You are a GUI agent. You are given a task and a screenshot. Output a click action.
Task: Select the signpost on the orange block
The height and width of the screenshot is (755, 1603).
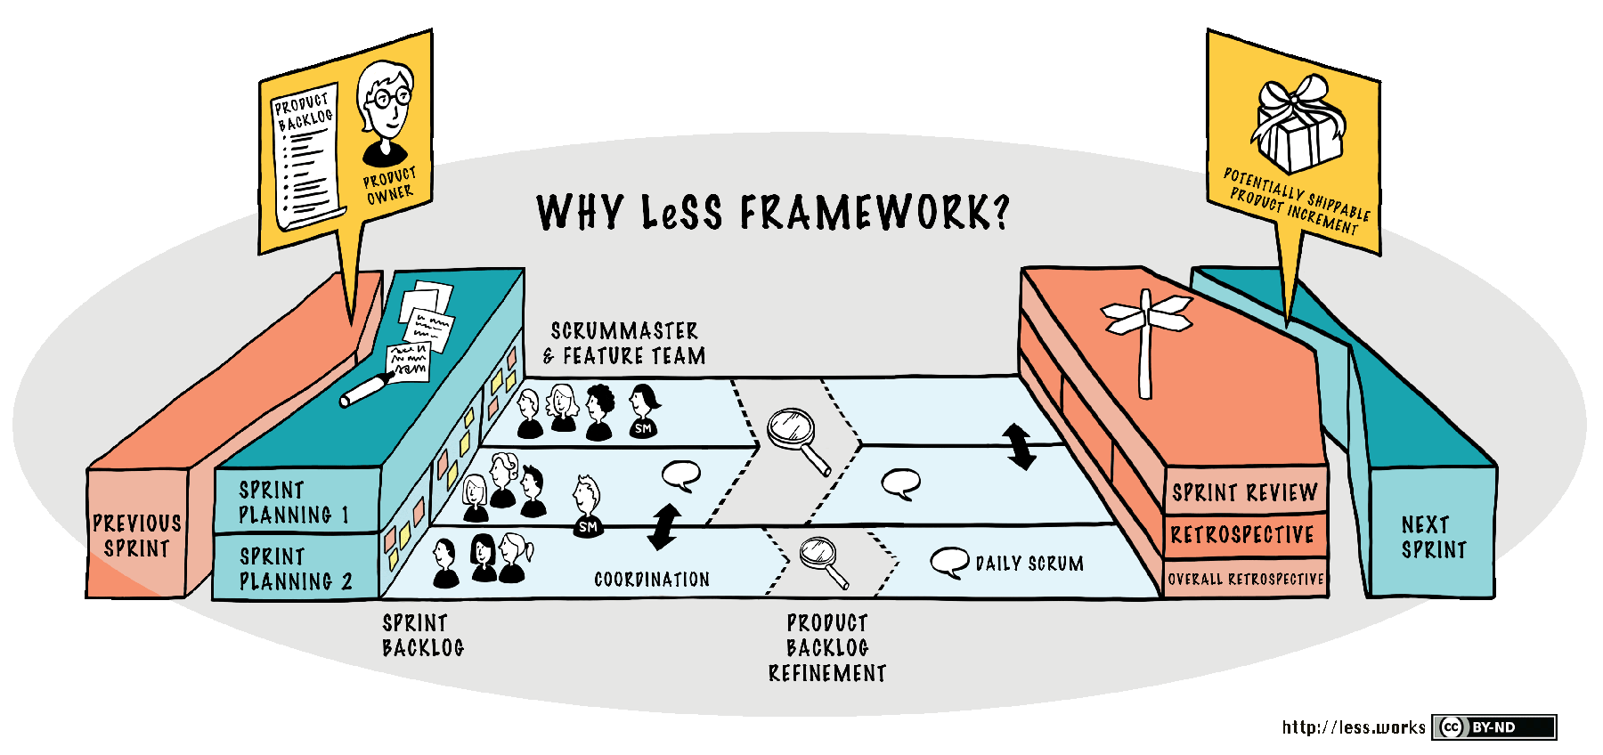(x=1146, y=338)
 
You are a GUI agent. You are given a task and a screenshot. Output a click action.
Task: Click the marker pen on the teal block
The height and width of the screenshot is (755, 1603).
(x=367, y=390)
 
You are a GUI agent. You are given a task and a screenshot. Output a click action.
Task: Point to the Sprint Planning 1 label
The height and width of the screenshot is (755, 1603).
(x=294, y=503)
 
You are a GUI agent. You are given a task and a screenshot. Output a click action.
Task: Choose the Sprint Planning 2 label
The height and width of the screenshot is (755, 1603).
(x=296, y=569)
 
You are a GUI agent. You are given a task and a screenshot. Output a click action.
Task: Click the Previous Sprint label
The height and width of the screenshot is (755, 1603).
(x=137, y=535)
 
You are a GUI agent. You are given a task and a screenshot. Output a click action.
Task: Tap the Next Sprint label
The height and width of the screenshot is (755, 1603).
(x=1433, y=537)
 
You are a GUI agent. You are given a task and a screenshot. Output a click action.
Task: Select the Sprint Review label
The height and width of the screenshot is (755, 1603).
(x=1245, y=492)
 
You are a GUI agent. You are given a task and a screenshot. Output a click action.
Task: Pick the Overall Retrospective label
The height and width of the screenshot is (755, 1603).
(x=1246, y=579)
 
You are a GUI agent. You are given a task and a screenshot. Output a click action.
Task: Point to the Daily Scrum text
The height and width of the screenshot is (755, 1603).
(x=1029, y=564)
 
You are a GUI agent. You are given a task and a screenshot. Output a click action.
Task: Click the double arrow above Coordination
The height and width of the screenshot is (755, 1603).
(x=664, y=527)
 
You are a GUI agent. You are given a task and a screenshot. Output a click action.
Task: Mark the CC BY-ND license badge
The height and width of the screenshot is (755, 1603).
(x=1494, y=727)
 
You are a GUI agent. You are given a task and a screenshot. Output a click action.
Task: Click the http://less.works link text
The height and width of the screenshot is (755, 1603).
(x=1354, y=727)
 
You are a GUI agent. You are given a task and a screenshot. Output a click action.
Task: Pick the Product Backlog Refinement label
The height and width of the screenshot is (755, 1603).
(x=827, y=648)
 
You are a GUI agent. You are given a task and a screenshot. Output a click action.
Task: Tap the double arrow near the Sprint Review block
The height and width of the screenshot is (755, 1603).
(x=1019, y=446)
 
